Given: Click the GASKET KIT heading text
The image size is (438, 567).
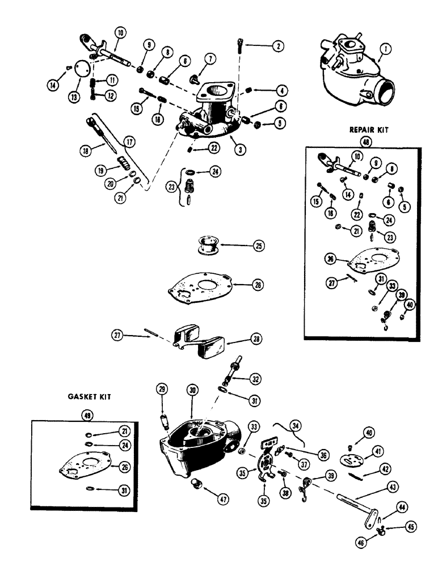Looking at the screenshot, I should click(x=86, y=398).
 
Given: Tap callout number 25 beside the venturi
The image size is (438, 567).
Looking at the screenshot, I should click(x=258, y=247).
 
